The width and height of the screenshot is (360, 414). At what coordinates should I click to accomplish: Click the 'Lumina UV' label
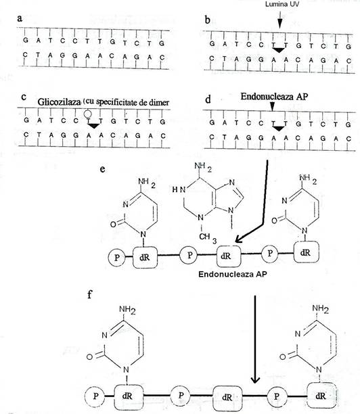[282, 4]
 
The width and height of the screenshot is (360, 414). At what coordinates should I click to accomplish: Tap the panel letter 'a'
[20, 18]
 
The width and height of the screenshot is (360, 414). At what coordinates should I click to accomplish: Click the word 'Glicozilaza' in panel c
[59, 102]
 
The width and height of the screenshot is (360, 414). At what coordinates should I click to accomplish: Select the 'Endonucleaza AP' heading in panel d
[274, 97]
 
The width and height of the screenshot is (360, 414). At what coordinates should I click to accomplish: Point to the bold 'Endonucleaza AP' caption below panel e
[232, 274]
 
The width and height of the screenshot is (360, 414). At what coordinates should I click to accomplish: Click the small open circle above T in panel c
[87, 114]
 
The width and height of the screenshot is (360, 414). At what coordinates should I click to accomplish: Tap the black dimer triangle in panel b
[279, 50]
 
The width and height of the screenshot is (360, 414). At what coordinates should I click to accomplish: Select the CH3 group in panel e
[208, 237]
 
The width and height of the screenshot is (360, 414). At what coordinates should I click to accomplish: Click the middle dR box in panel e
[229, 256]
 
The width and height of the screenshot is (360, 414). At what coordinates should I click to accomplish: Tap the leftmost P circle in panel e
[116, 258]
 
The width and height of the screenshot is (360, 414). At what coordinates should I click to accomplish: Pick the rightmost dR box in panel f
[321, 396]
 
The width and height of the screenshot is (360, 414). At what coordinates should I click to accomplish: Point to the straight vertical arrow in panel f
[255, 340]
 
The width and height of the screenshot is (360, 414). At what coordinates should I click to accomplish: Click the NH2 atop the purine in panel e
[203, 167]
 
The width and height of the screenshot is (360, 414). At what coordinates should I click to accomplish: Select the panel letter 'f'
[90, 294]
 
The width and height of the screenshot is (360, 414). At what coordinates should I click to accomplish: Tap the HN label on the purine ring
[179, 189]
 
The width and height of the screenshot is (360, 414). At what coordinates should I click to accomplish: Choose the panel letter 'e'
[102, 169]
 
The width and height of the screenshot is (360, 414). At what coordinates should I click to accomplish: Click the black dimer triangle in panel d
[278, 129]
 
